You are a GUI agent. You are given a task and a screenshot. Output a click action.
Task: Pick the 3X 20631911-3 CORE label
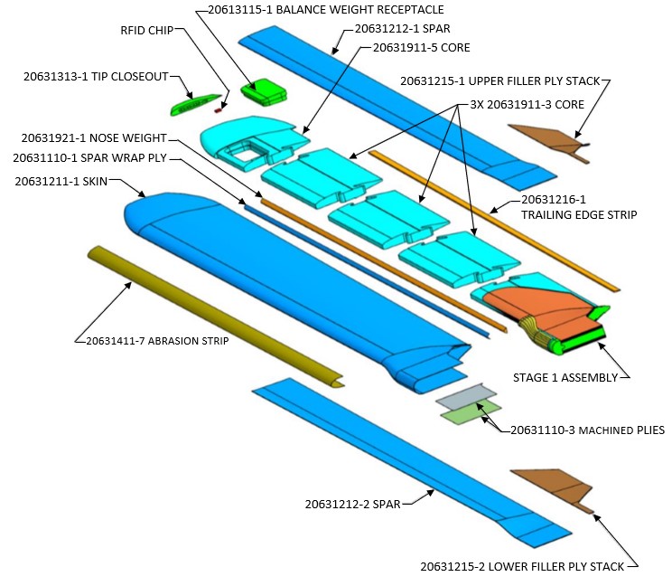pyautogui.click(x=519, y=105)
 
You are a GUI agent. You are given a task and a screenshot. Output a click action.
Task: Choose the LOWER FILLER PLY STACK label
pyautogui.click(x=522, y=567)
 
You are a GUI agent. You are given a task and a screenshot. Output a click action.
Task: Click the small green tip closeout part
pyautogui.click(x=198, y=103)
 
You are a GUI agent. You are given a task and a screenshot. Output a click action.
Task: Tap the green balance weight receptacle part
pyautogui.click(x=264, y=91)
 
